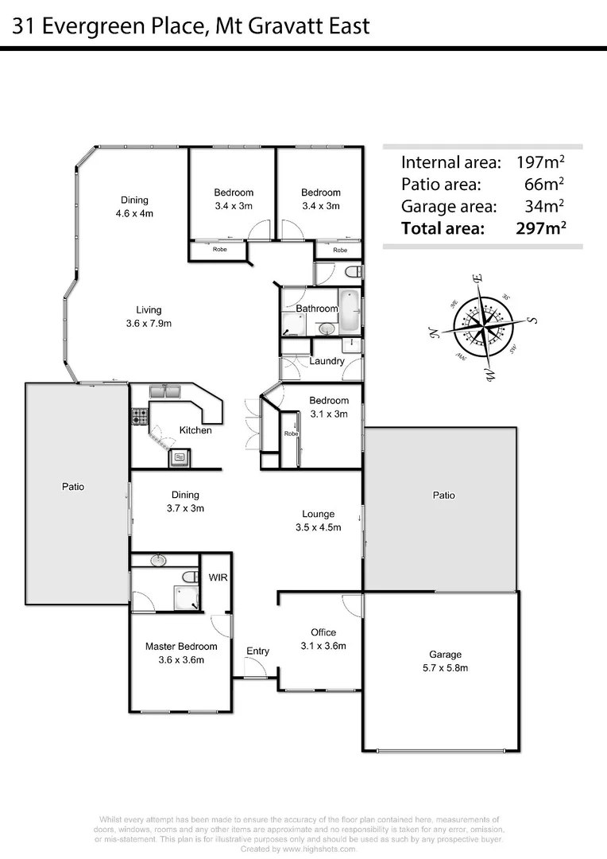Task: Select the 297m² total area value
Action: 540,229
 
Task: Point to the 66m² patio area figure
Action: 546,185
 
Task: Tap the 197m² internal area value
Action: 540,162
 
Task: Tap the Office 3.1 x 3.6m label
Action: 323,639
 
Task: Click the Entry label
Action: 257,651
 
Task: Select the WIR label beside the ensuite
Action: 218,577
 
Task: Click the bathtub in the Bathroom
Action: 349,313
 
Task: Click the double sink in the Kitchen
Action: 164,391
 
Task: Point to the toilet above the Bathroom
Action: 353,273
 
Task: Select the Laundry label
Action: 327,361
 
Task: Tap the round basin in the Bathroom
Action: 326,328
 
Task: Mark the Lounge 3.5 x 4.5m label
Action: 318,520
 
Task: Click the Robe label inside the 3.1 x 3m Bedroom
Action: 291,434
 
